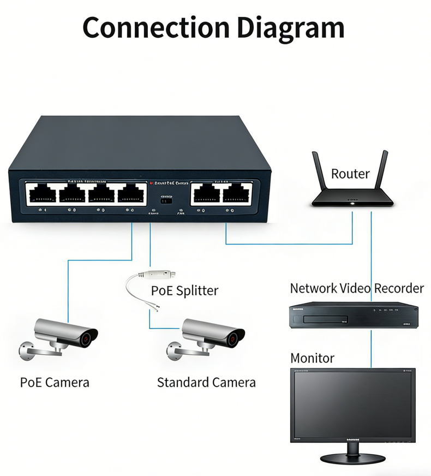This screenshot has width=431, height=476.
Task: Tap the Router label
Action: click(x=350, y=174)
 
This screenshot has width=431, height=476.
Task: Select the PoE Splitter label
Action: click(x=184, y=290)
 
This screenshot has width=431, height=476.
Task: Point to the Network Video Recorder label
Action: click(x=357, y=288)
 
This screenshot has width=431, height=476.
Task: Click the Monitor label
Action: click(x=312, y=359)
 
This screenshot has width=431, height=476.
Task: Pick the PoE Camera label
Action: click(x=55, y=382)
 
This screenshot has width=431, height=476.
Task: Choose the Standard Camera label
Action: click(x=206, y=382)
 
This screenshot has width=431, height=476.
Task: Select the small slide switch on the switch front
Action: click(x=166, y=200)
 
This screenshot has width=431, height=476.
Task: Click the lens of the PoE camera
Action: click(x=86, y=339)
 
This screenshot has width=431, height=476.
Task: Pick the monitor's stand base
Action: click(x=352, y=458)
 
